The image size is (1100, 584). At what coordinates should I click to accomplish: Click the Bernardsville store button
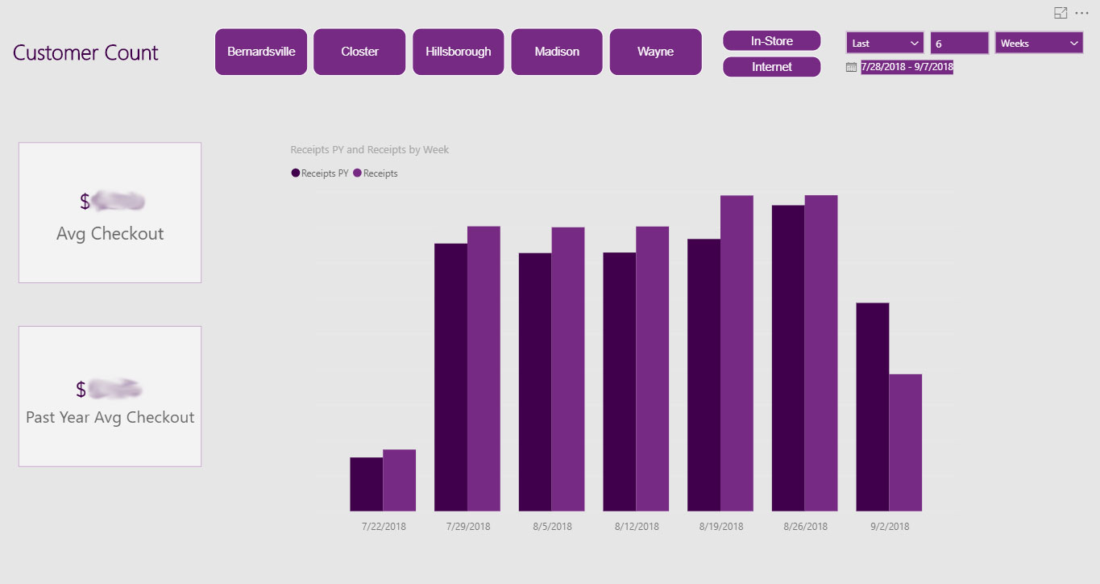(261, 52)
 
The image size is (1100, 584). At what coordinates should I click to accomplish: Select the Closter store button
(359, 52)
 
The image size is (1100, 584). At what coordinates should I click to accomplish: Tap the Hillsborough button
(459, 52)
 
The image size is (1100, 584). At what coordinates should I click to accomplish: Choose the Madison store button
(557, 52)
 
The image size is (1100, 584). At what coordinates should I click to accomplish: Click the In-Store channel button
(771, 41)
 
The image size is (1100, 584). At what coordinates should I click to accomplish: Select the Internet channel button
(771, 67)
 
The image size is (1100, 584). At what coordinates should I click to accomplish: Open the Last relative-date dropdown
(885, 44)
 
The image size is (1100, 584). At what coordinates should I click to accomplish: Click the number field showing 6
(959, 44)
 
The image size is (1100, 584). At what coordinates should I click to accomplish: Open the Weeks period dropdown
(1039, 44)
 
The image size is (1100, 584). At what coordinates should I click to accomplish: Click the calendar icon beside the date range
(851, 68)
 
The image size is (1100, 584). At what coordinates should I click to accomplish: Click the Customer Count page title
(85, 53)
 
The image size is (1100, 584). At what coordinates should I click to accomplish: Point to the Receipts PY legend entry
(320, 173)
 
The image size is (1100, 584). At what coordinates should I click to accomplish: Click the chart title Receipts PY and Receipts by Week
(369, 150)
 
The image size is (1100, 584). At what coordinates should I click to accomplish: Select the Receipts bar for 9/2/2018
(905, 442)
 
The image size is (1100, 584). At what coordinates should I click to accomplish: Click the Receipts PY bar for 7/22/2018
(366, 484)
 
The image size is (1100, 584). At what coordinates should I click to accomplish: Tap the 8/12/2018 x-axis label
(636, 527)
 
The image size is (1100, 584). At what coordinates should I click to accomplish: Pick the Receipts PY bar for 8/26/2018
(787, 358)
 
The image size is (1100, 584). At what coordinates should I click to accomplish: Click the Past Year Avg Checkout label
(110, 418)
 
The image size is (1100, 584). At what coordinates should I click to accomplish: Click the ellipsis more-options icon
(1081, 13)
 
